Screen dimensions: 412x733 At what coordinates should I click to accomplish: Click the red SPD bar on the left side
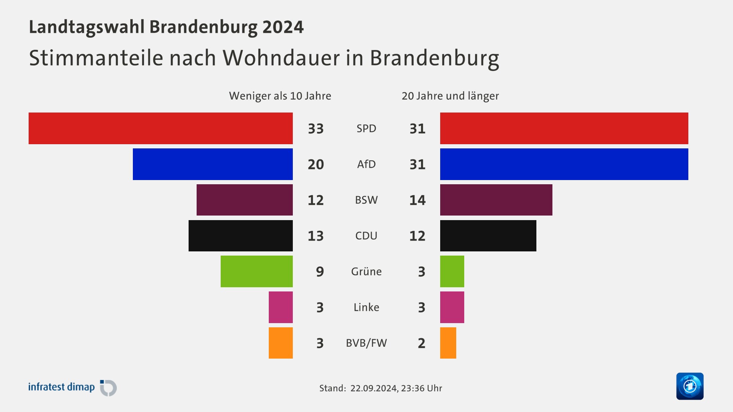[x=160, y=128]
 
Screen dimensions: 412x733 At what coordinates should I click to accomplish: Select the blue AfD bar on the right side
[x=564, y=164]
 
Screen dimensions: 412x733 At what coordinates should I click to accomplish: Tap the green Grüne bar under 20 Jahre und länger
[x=452, y=271]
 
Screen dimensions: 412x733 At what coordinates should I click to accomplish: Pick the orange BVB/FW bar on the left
[x=281, y=343]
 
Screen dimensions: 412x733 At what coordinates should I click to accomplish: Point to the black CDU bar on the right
[x=488, y=236]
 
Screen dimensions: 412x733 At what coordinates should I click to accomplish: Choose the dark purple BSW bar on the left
[x=244, y=200]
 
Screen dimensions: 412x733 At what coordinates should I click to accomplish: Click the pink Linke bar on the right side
[x=452, y=307]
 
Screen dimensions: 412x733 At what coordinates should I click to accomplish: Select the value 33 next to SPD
[x=316, y=129]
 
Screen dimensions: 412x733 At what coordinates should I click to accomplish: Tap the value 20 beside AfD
[x=316, y=164]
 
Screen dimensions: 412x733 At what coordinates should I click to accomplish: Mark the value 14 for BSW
[x=417, y=200]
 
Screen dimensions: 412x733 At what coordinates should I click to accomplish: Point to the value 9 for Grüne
[x=320, y=272]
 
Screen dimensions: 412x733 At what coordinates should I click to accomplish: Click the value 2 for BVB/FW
[x=421, y=343]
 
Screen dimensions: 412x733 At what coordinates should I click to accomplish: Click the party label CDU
[x=366, y=236]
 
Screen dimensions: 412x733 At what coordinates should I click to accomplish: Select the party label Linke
[x=366, y=307]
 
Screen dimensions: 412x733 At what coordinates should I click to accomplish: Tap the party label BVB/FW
[x=366, y=343]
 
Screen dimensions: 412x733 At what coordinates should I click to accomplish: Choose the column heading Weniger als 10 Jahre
[x=280, y=96]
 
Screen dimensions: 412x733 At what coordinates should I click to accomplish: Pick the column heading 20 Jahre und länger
[x=450, y=96]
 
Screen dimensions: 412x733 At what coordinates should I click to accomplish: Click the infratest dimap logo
[x=73, y=387]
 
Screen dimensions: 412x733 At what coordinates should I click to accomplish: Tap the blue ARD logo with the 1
[x=689, y=386]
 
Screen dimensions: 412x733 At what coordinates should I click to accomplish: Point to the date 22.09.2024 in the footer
[x=373, y=388]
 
